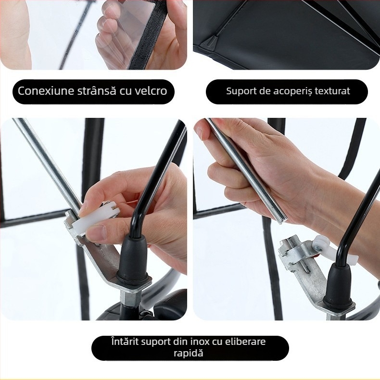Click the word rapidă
[190, 353]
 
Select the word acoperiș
[293, 91]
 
